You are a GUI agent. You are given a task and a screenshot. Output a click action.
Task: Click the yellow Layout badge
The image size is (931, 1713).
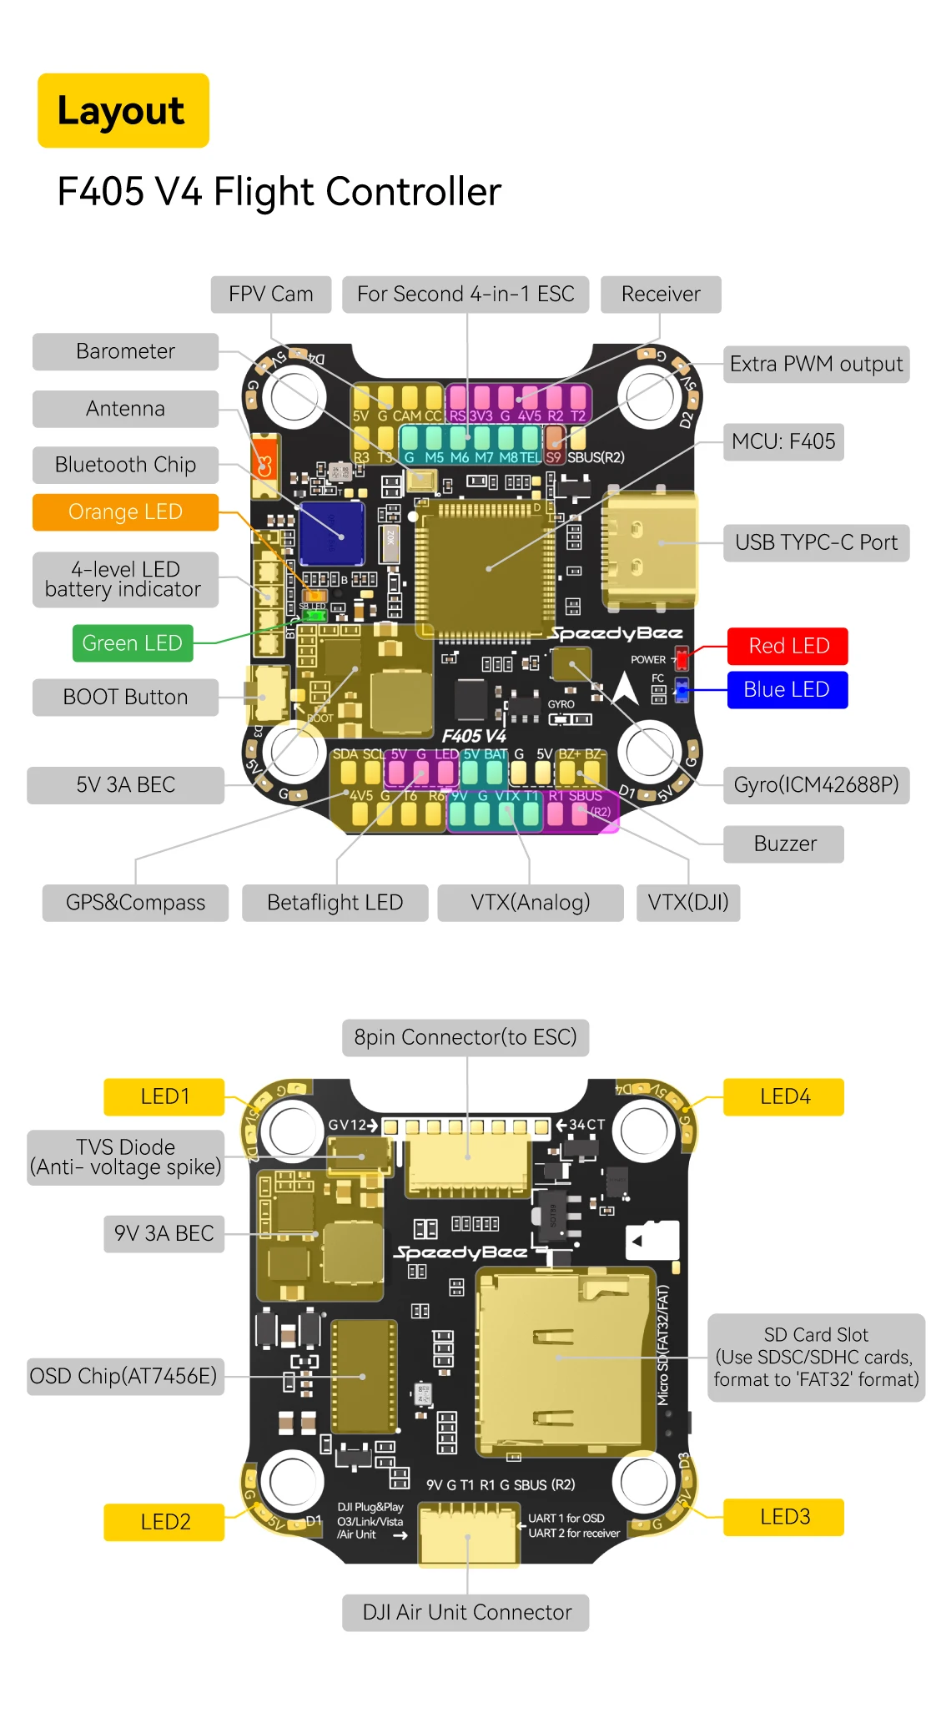(x=123, y=111)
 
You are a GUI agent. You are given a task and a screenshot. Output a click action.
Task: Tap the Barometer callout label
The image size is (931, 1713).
(x=125, y=351)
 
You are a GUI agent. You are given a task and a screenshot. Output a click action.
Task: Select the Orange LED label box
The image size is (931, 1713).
(x=125, y=512)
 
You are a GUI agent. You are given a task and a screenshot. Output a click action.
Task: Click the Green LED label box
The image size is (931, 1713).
(x=132, y=643)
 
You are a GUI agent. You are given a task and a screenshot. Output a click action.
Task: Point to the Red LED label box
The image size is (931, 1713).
(x=788, y=646)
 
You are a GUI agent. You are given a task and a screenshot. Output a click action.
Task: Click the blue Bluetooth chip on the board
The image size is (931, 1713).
(x=331, y=533)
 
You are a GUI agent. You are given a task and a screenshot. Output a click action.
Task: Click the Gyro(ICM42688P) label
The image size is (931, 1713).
(x=815, y=785)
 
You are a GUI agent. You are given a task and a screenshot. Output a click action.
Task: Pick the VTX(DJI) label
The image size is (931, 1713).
(x=687, y=903)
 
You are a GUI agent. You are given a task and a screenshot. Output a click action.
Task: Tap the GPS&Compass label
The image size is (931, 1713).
(x=135, y=903)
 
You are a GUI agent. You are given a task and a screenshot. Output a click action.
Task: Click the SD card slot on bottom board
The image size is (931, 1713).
(x=563, y=1360)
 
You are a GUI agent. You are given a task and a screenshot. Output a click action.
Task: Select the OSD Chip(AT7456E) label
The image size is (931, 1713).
(x=123, y=1376)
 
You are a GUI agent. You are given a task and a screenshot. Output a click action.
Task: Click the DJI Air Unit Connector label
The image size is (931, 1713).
(x=465, y=1612)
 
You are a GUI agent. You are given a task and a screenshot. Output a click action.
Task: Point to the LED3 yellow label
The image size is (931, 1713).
(x=783, y=1517)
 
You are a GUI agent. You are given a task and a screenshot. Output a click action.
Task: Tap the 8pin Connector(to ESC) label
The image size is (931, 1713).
(x=465, y=1037)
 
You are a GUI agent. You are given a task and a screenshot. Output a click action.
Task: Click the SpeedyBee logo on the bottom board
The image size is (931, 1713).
(x=460, y=1252)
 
